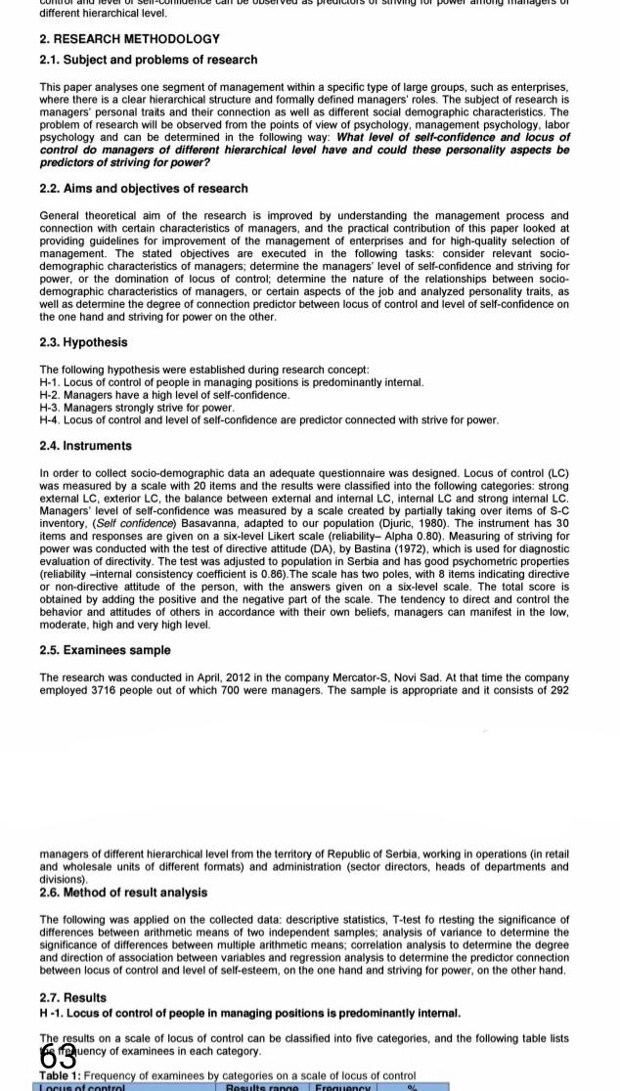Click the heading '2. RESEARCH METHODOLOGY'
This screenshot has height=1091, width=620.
click(x=129, y=39)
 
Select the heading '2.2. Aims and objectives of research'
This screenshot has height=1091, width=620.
click(x=143, y=188)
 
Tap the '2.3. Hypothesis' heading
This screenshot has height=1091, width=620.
click(x=83, y=342)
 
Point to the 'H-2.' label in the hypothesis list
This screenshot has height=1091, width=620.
click(x=50, y=395)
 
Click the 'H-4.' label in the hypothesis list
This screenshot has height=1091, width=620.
click(x=50, y=419)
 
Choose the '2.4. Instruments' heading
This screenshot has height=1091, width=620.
click(x=85, y=446)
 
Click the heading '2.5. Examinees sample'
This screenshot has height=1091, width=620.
click(x=105, y=650)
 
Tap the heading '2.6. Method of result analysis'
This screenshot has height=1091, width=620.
click(x=122, y=893)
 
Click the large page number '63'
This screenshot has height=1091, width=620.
click(x=59, y=1056)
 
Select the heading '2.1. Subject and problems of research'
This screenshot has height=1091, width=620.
click(x=148, y=60)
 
